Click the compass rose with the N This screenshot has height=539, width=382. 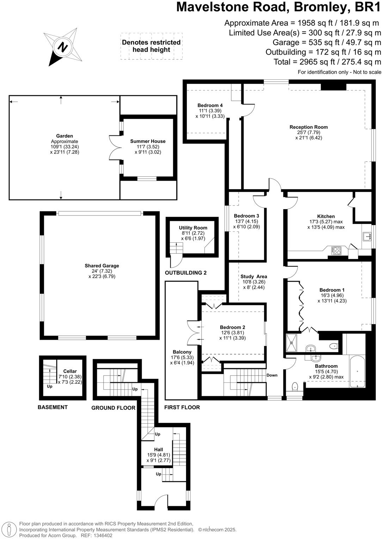(63, 47)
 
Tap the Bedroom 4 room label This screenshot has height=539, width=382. (210, 105)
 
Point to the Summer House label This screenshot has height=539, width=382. (148, 141)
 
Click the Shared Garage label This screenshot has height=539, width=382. (102, 266)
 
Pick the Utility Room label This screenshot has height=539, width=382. (193, 228)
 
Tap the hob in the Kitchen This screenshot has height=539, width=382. (337, 250)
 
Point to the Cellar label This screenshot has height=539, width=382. (70, 371)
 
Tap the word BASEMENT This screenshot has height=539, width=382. (53, 407)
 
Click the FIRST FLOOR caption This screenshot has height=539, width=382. (182, 407)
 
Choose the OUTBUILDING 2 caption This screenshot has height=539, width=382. (186, 273)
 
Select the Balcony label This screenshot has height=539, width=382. (182, 352)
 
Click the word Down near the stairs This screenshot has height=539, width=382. (272, 375)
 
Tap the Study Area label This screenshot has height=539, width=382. (254, 277)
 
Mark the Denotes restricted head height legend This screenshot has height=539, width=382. (151, 46)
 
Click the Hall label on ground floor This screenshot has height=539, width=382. (159, 450)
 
